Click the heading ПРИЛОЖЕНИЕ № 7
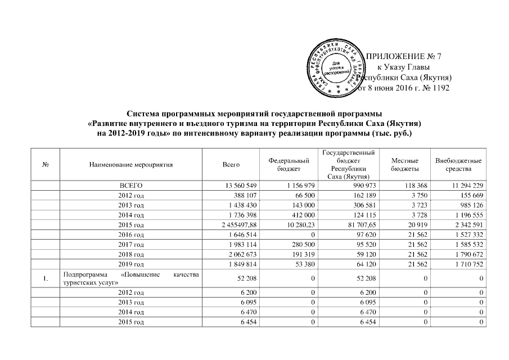(x=400, y=56)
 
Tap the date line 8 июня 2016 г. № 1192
(x=404, y=88)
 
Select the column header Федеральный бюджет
(x=289, y=164)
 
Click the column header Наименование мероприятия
(x=130, y=164)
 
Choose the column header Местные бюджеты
(x=404, y=164)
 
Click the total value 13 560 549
(x=241, y=185)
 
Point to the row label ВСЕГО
(x=130, y=185)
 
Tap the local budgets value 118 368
(x=412, y=185)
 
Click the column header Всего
(x=231, y=164)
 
